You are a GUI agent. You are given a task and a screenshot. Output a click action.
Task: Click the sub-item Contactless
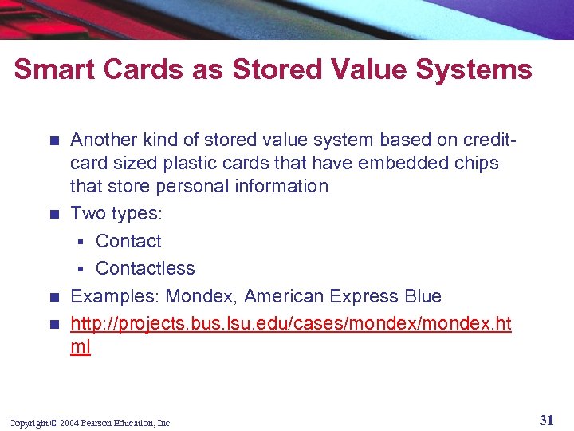pos(145,268)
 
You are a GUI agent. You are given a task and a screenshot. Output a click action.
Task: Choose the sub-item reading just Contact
pos(128,241)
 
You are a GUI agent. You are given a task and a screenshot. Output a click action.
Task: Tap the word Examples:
pos(115,296)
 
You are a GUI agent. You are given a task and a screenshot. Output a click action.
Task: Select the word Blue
pos(423,296)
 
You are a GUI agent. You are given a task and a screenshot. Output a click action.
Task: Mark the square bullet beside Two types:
pos(53,214)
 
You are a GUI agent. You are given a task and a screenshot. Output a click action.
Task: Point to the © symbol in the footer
pos(55,423)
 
